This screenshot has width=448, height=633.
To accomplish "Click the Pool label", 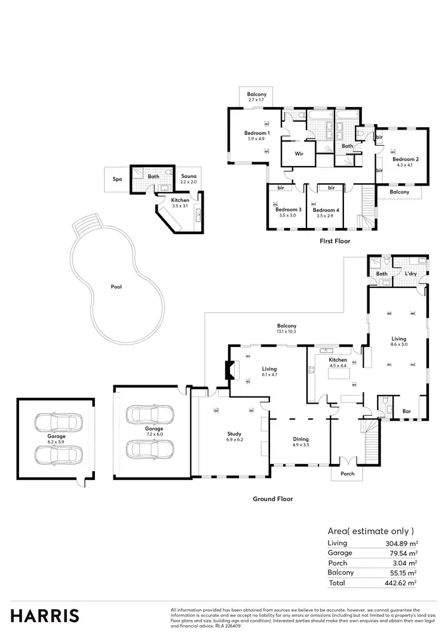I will [116, 287].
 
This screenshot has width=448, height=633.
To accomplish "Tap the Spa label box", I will [117, 179].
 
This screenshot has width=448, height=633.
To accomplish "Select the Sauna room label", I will [189, 177].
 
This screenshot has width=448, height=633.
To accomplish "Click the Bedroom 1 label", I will [257, 133].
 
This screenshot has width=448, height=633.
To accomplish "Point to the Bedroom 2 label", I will [405, 159].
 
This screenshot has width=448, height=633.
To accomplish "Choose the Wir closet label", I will [299, 153].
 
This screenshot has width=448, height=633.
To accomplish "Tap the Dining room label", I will [300, 439].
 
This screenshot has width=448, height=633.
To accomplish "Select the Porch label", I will [347, 474].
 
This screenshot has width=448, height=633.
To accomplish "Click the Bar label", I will [407, 411].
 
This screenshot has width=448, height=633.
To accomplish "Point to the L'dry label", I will [410, 274].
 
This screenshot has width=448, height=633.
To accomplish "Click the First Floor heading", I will [335, 241].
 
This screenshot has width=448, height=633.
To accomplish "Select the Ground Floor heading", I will [273, 499].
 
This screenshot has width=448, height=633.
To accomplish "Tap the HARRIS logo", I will [45, 615].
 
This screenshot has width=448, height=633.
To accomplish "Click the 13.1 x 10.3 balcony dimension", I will [287, 331].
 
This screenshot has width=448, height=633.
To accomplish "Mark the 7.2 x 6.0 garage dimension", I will [155, 434].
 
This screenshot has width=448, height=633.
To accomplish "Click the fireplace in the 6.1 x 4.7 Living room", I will [229, 370].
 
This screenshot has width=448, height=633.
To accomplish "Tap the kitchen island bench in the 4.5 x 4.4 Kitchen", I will [338, 376].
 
